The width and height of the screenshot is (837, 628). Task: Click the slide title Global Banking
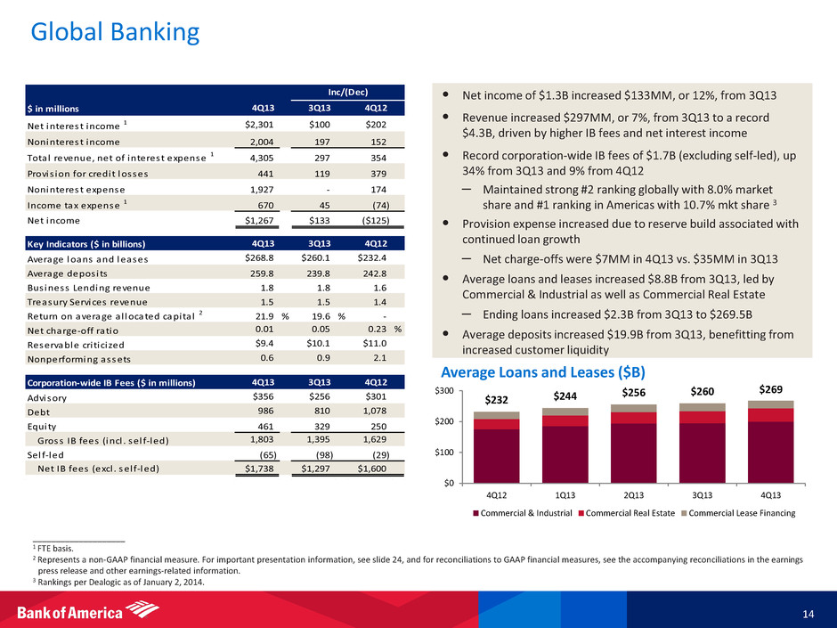coord(114,34)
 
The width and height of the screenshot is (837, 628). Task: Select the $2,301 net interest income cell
coord(265,125)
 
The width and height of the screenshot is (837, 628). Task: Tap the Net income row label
coord(53,220)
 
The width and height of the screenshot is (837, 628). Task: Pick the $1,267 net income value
coord(265,220)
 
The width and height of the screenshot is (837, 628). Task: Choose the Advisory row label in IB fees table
coord(46,398)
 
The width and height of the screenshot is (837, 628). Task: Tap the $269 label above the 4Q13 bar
coord(770,389)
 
